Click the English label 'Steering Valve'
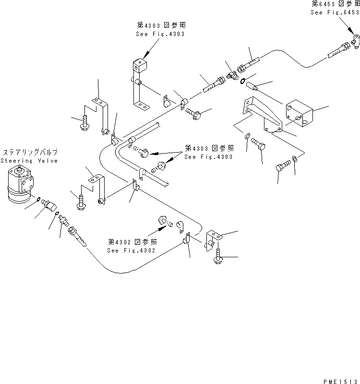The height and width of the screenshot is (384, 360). pyautogui.click(x=29, y=161)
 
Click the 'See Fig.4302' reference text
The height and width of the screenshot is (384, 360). pyautogui.click(x=126, y=250)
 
